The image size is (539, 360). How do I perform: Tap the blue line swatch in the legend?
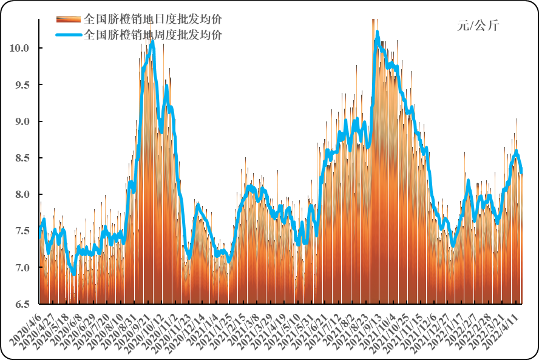pyautogui.click(x=69, y=35)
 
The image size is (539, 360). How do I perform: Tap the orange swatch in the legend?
pyautogui.click(x=69, y=19)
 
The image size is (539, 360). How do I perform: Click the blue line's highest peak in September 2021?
pyautogui.click(x=377, y=32)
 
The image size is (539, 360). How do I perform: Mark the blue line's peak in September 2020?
pyautogui.click(x=152, y=42)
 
